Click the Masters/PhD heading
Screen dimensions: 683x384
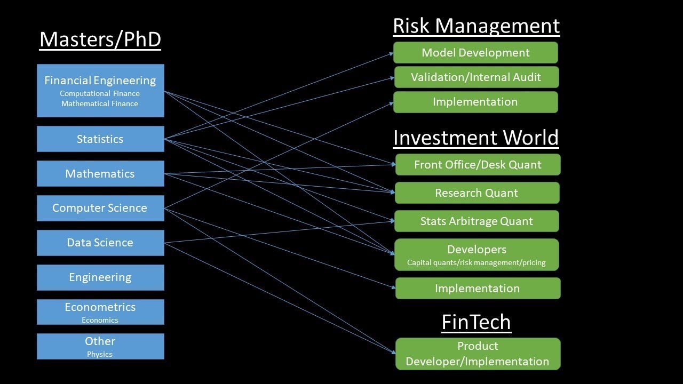click(100, 40)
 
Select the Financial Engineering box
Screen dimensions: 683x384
click(100, 90)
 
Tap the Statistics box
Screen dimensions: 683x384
click(100, 139)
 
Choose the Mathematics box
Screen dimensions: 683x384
click(100, 173)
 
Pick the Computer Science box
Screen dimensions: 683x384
click(100, 208)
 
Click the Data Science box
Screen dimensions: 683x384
click(100, 243)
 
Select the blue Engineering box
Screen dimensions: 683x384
click(100, 277)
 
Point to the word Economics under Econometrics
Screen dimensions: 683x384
click(100, 320)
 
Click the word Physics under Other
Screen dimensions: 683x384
click(100, 354)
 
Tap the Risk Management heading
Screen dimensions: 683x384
click(476, 26)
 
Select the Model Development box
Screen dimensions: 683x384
click(475, 53)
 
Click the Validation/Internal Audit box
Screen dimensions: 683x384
click(476, 77)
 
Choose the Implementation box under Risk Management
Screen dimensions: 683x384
click(475, 102)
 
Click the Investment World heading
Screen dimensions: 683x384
click(476, 138)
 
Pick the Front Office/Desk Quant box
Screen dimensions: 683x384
click(478, 165)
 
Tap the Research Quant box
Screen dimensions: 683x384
click(476, 193)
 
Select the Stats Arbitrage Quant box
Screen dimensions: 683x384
click(476, 221)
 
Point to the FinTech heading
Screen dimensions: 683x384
click(476, 322)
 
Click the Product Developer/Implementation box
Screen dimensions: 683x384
click(478, 354)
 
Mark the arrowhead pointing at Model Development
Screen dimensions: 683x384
click(391, 53)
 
